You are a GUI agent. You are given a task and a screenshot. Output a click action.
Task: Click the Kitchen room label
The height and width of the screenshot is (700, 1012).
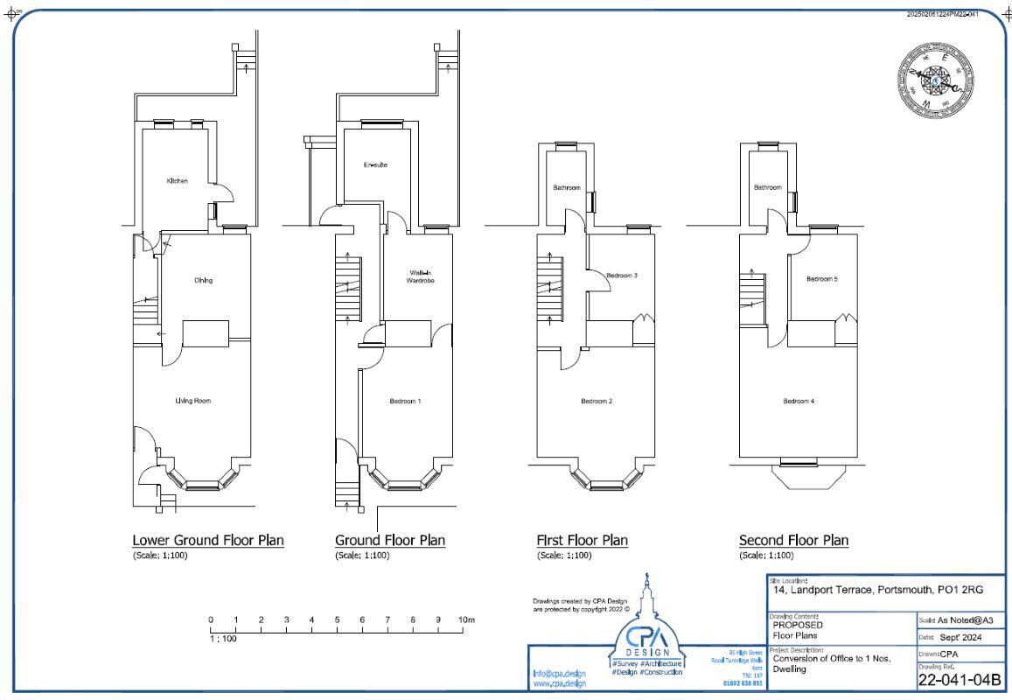tap(177, 181)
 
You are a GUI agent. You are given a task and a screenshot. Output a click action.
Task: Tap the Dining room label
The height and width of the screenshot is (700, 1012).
tap(203, 281)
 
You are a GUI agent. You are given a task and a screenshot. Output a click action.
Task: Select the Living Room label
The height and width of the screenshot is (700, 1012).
tap(192, 401)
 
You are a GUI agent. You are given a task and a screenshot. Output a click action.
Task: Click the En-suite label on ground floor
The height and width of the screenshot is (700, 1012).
tap(375, 165)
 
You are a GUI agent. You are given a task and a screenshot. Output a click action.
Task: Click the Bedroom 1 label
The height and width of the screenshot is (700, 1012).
tap(405, 401)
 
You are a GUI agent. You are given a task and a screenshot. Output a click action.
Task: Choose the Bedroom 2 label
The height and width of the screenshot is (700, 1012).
tap(597, 401)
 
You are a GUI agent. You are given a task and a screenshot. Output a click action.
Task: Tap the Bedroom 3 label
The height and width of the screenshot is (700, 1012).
tap(622, 276)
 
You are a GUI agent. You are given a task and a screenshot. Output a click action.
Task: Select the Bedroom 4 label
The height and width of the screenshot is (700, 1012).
tap(799, 401)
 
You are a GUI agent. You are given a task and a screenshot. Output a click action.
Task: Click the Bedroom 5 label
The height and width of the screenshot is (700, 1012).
tap(822, 279)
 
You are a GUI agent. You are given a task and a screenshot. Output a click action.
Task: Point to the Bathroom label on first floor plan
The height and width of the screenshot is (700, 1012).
tap(567, 187)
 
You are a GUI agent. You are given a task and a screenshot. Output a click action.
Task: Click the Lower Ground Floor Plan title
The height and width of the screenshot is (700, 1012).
tap(207, 540)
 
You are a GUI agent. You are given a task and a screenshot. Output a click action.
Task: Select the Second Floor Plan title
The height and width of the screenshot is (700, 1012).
tap(793, 540)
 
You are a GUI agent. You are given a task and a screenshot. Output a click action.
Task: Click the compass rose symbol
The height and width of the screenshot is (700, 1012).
tap(936, 80)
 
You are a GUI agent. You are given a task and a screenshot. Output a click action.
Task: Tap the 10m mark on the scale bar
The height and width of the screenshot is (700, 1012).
tap(465, 620)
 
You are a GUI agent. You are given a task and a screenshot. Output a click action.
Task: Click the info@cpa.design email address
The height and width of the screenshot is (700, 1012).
tap(559, 674)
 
